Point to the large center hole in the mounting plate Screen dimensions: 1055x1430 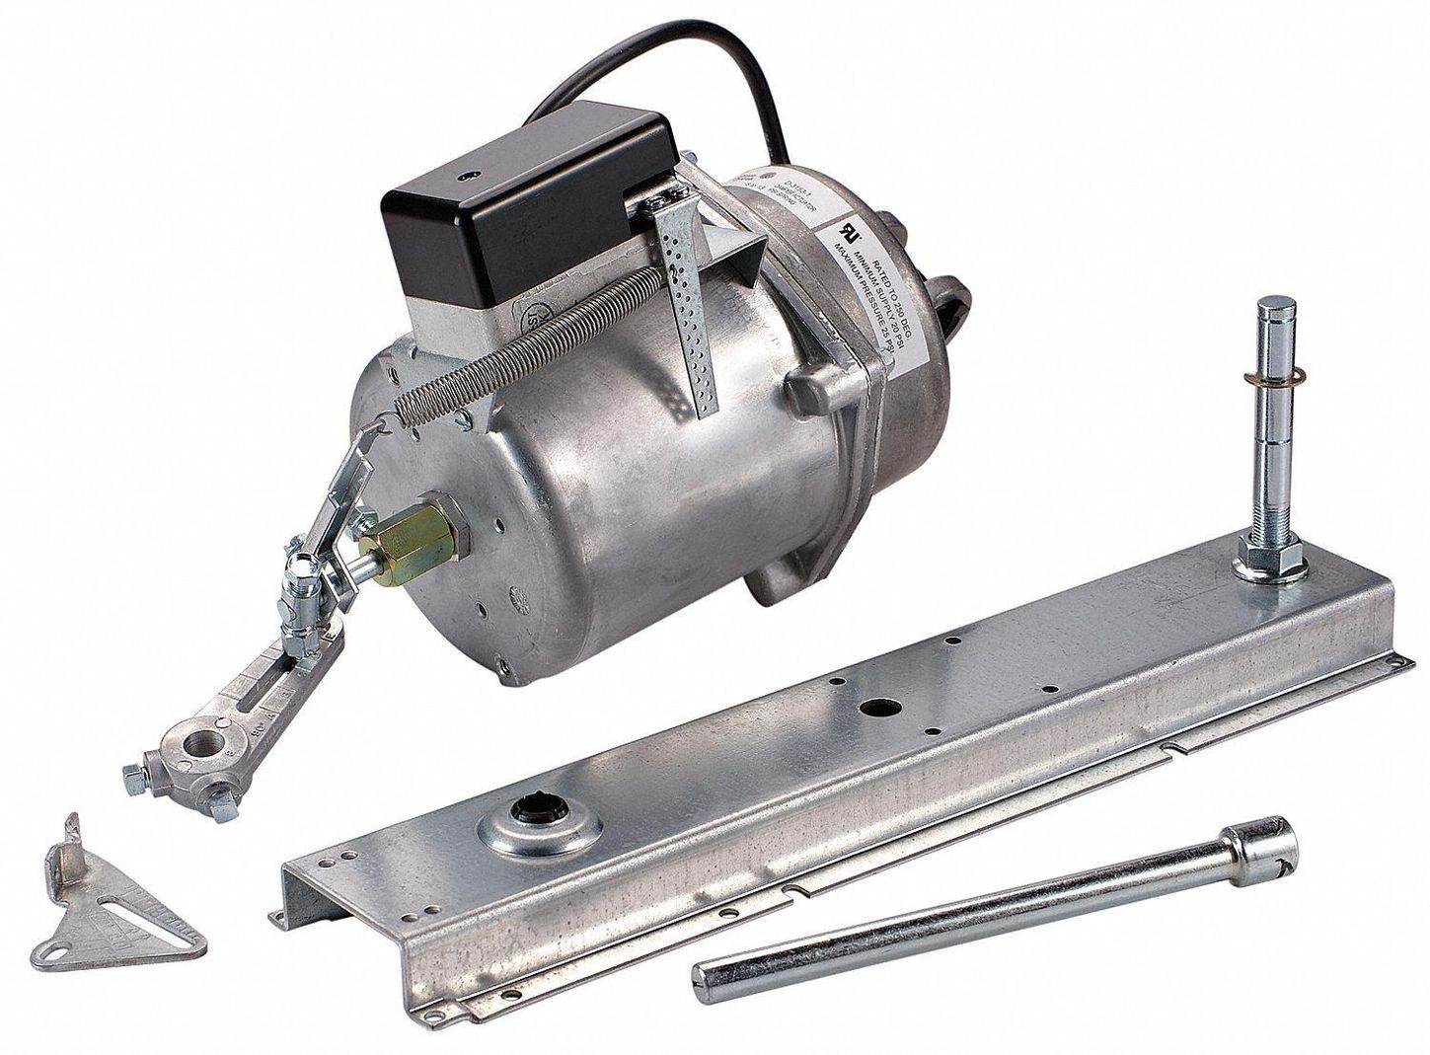pyautogui.click(x=873, y=708)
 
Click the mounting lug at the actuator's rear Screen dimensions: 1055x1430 pyautogui.click(x=952, y=297)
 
